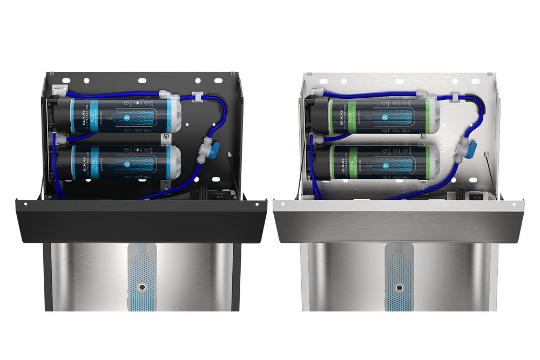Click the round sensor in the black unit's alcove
point(142,287)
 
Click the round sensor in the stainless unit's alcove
point(400,287)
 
